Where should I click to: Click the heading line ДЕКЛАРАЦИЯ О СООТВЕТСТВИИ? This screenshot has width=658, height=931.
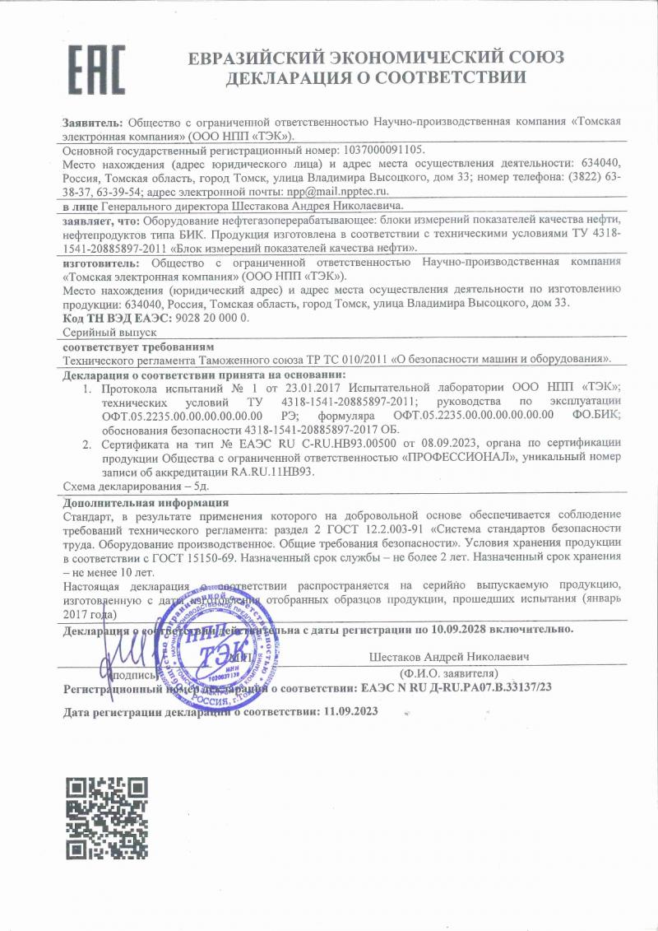pos(376,79)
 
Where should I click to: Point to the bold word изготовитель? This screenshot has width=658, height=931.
pos(99,263)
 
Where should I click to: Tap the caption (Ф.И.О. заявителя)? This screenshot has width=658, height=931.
pos(448,673)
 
